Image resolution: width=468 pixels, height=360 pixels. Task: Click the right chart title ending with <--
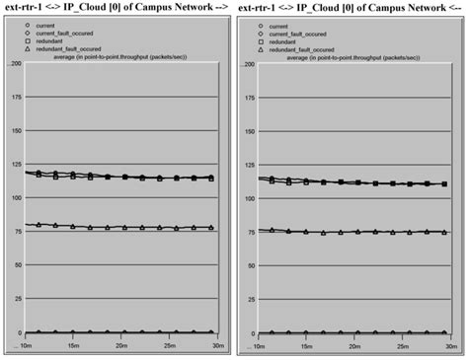click(x=351, y=8)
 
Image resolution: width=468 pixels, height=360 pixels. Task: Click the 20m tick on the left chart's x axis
click(x=121, y=345)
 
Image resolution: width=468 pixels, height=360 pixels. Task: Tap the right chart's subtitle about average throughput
click(x=353, y=58)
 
